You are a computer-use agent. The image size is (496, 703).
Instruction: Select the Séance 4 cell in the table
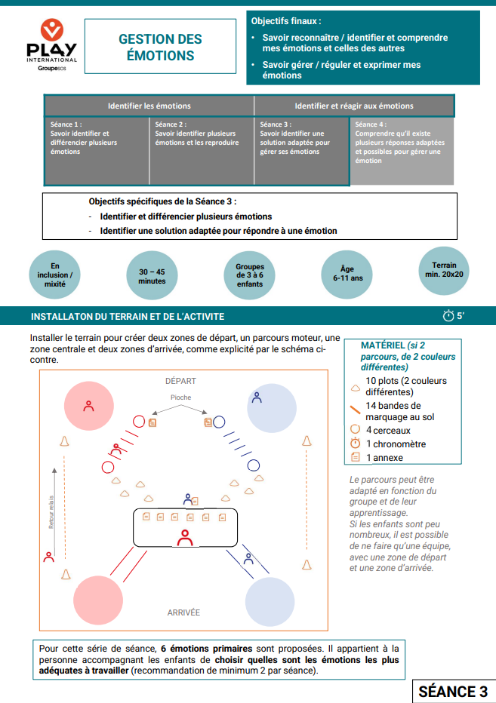tap(402, 150)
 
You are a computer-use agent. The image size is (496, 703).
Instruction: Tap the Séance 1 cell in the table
tap(97, 150)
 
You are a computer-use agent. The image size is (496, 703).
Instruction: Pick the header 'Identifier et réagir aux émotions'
tap(353, 106)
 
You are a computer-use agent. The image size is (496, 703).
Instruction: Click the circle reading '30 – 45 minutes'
tap(152, 276)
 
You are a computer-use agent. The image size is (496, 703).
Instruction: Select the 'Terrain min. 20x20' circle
tap(444, 270)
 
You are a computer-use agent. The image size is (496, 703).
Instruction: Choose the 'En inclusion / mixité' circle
tap(54, 276)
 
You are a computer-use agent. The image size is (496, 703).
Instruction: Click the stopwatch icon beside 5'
tap(448, 316)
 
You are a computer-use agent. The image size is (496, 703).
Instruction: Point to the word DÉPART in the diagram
tap(180, 381)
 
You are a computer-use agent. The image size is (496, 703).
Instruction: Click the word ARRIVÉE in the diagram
tap(183, 612)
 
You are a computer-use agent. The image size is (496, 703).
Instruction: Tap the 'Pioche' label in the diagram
tap(180, 398)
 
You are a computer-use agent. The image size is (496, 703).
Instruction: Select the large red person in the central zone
tap(184, 537)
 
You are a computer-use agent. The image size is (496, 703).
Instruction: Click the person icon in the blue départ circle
tap(257, 397)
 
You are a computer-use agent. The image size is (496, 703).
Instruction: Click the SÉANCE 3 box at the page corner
tap(452, 692)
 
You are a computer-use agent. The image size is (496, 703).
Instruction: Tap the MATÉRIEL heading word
tap(382, 345)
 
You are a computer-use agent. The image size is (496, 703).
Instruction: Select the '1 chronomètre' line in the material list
tap(395, 444)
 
